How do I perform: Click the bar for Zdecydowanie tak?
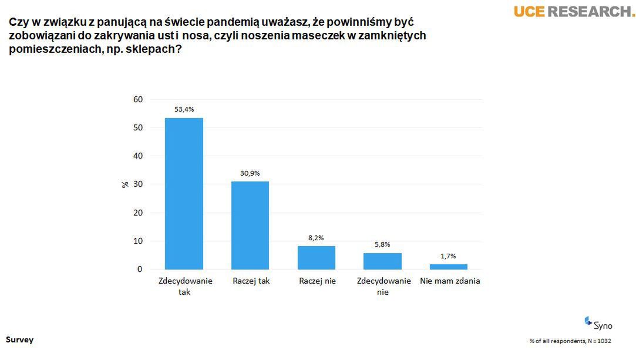click(x=184, y=194)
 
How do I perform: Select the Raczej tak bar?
click(x=250, y=226)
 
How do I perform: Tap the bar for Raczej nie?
click(x=317, y=258)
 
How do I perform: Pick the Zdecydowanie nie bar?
click(x=383, y=261)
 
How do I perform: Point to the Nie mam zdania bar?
click(x=449, y=267)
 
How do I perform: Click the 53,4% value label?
click(x=184, y=109)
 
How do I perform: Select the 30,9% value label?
click(x=250, y=173)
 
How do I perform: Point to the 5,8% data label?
click(x=383, y=244)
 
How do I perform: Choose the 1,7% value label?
click(x=449, y=255)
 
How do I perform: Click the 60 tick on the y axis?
click(x=138, y=99)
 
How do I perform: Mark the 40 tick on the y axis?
click(x=138, y=156)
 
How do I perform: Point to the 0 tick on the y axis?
click(x=140, y=270)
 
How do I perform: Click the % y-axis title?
click(x=124, y=184)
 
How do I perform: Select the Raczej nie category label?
click(x=317, y=281)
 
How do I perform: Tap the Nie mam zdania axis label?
click(x=450, y=281)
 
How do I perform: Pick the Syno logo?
click(x=598, y=323)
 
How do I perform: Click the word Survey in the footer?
click(x=19, y=340)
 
